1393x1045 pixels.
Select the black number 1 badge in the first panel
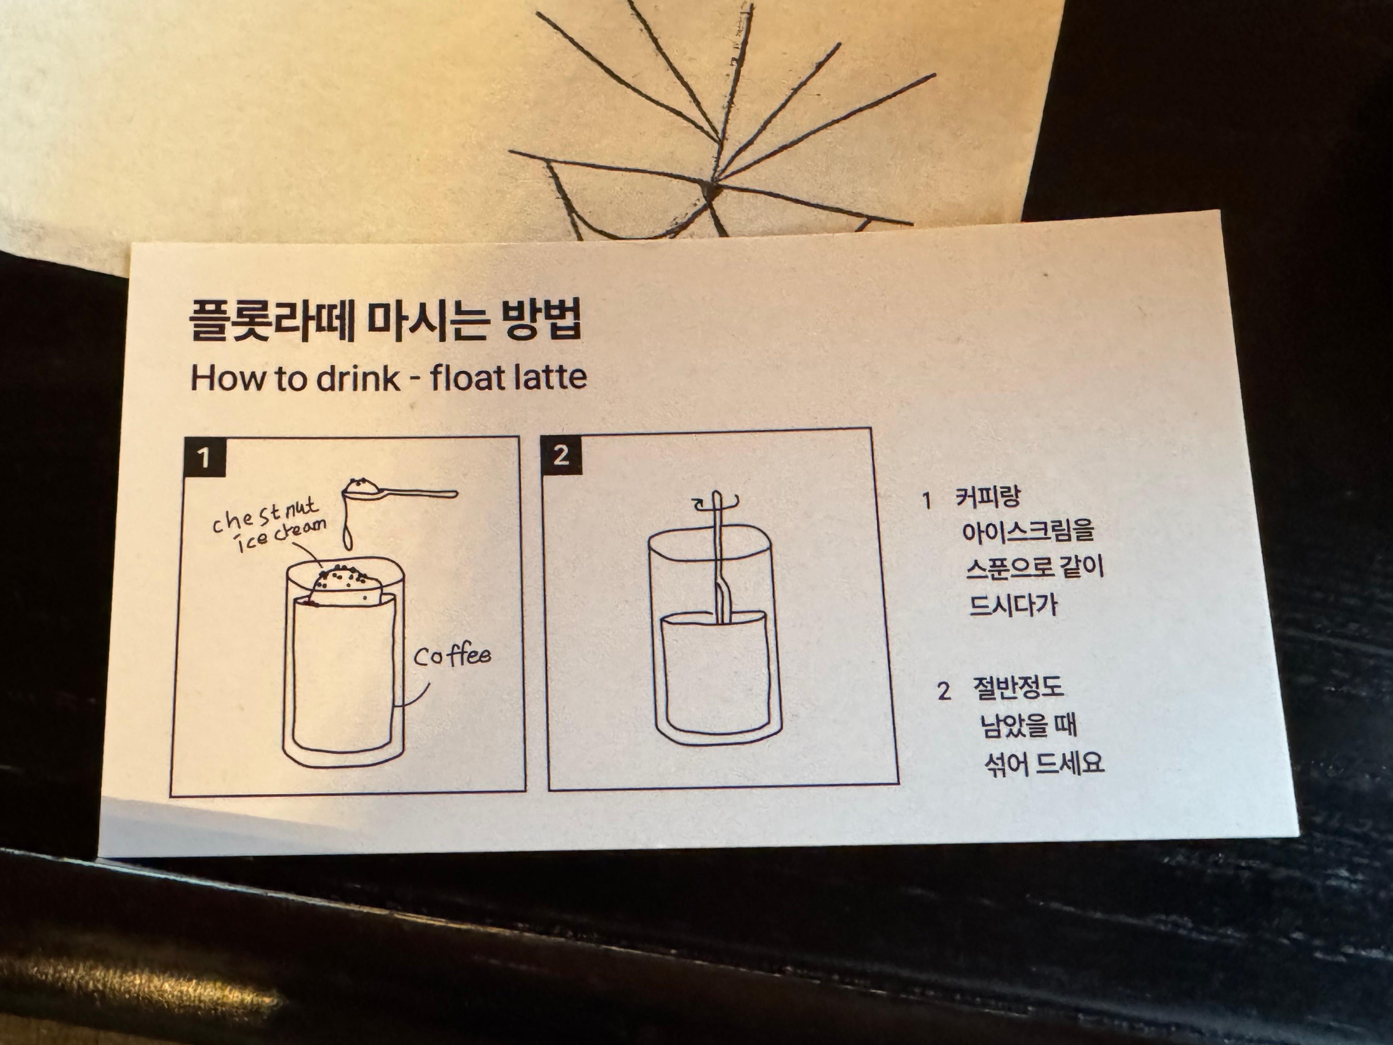pyautogui.click(x=204, y=457)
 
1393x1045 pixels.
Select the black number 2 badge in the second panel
pyautogui.click(x=561, y=454)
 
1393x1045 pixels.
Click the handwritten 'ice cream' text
pyautogui.click(x=281, y=536)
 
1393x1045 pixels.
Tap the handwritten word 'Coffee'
pyautogui.click(x=451, y=656)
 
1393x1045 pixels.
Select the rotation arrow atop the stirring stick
pyautogui.click(x=716, y=502)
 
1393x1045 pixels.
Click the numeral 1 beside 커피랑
pyautogui.click(x=926, y=501)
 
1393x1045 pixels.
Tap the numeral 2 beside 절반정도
pyautogui.click(x=944, y=691)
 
